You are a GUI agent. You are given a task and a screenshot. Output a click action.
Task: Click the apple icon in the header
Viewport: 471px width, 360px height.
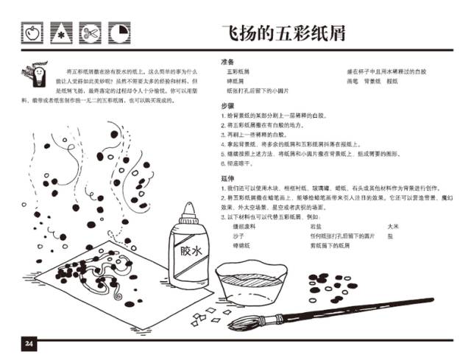31,33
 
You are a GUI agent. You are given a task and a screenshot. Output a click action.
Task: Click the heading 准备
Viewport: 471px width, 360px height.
227,62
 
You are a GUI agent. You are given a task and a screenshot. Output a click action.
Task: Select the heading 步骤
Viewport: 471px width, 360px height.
227,106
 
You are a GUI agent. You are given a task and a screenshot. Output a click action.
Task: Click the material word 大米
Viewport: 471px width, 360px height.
392,227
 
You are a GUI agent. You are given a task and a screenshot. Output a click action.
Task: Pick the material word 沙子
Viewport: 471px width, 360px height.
237,237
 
